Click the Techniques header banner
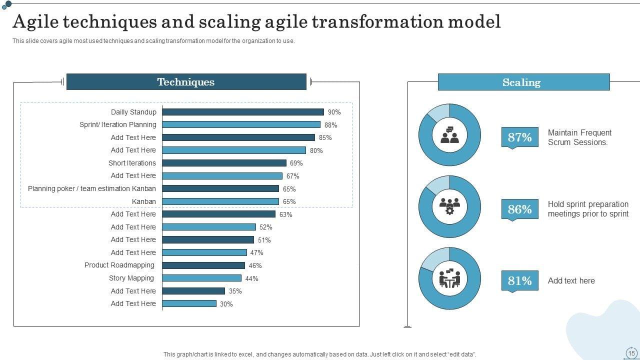186,82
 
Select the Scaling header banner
523,82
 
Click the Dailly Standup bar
243,112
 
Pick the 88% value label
330,125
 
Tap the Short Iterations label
132,163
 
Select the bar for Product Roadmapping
203,265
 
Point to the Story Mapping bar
201,278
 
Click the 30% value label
226,304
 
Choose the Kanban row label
143,201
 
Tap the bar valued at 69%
224,163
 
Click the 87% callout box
519,137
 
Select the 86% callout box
519,209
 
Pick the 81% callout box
519,280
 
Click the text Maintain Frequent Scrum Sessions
579,137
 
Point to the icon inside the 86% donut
449,206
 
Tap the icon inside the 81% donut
449,278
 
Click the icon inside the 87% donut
449,135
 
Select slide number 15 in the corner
631,353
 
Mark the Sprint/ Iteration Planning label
117,124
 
